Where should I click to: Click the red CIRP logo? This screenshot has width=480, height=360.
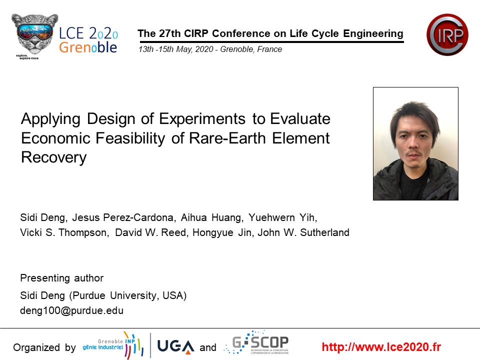[447, 34]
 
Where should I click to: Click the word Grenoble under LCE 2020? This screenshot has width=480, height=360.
[88, 47]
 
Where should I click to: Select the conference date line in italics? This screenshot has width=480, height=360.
[210, 49]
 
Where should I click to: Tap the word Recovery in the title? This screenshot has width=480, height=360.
[53, 157]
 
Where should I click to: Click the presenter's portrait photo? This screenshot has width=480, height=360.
[415, 144]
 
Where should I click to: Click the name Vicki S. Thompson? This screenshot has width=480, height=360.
[63, 232]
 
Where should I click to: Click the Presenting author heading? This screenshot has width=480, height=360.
[61, 278]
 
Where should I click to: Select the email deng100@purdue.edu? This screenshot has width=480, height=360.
[71, 310]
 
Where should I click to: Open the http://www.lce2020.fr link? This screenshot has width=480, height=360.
[381, 347]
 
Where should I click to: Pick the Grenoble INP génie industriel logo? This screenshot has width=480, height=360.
[113, 345]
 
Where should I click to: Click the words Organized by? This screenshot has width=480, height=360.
[44, 347]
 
